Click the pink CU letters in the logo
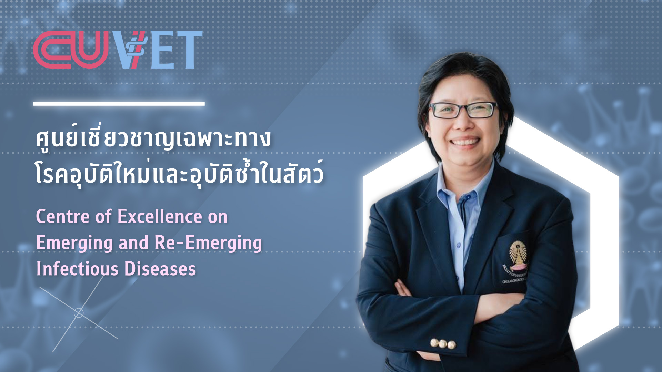tap(71, 50)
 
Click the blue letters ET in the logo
tap(177, 50)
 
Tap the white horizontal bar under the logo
tap(119, 103)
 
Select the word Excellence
tap(160, 217)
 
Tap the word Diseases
tap(160, 269)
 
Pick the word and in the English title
tap(133, 243)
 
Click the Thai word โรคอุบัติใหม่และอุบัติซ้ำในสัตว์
tap(179, 175)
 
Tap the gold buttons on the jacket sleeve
tap(443, 343)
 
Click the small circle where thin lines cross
tap(79, 313)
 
